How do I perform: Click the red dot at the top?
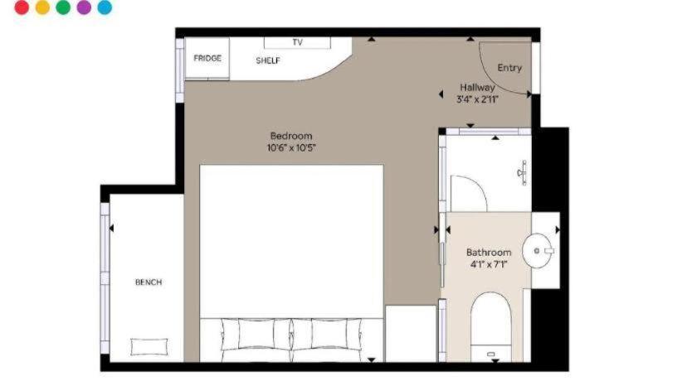22,7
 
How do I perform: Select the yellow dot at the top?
42,7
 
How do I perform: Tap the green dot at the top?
63,7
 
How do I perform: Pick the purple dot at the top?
84,7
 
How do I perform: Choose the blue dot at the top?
105,7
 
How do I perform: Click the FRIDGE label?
207,58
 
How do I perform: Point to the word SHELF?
268,60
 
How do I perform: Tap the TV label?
297,42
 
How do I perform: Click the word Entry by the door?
509,68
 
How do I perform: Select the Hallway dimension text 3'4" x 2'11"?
477,99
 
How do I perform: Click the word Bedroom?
291,136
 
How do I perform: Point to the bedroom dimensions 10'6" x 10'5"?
291,147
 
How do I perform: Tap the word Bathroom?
489,253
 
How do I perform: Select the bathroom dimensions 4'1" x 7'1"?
489,265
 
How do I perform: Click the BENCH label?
149,282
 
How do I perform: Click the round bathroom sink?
537,251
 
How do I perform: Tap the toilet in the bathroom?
490,327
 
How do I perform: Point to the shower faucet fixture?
523,172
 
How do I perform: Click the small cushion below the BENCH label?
149,347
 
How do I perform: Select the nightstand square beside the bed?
411,333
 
